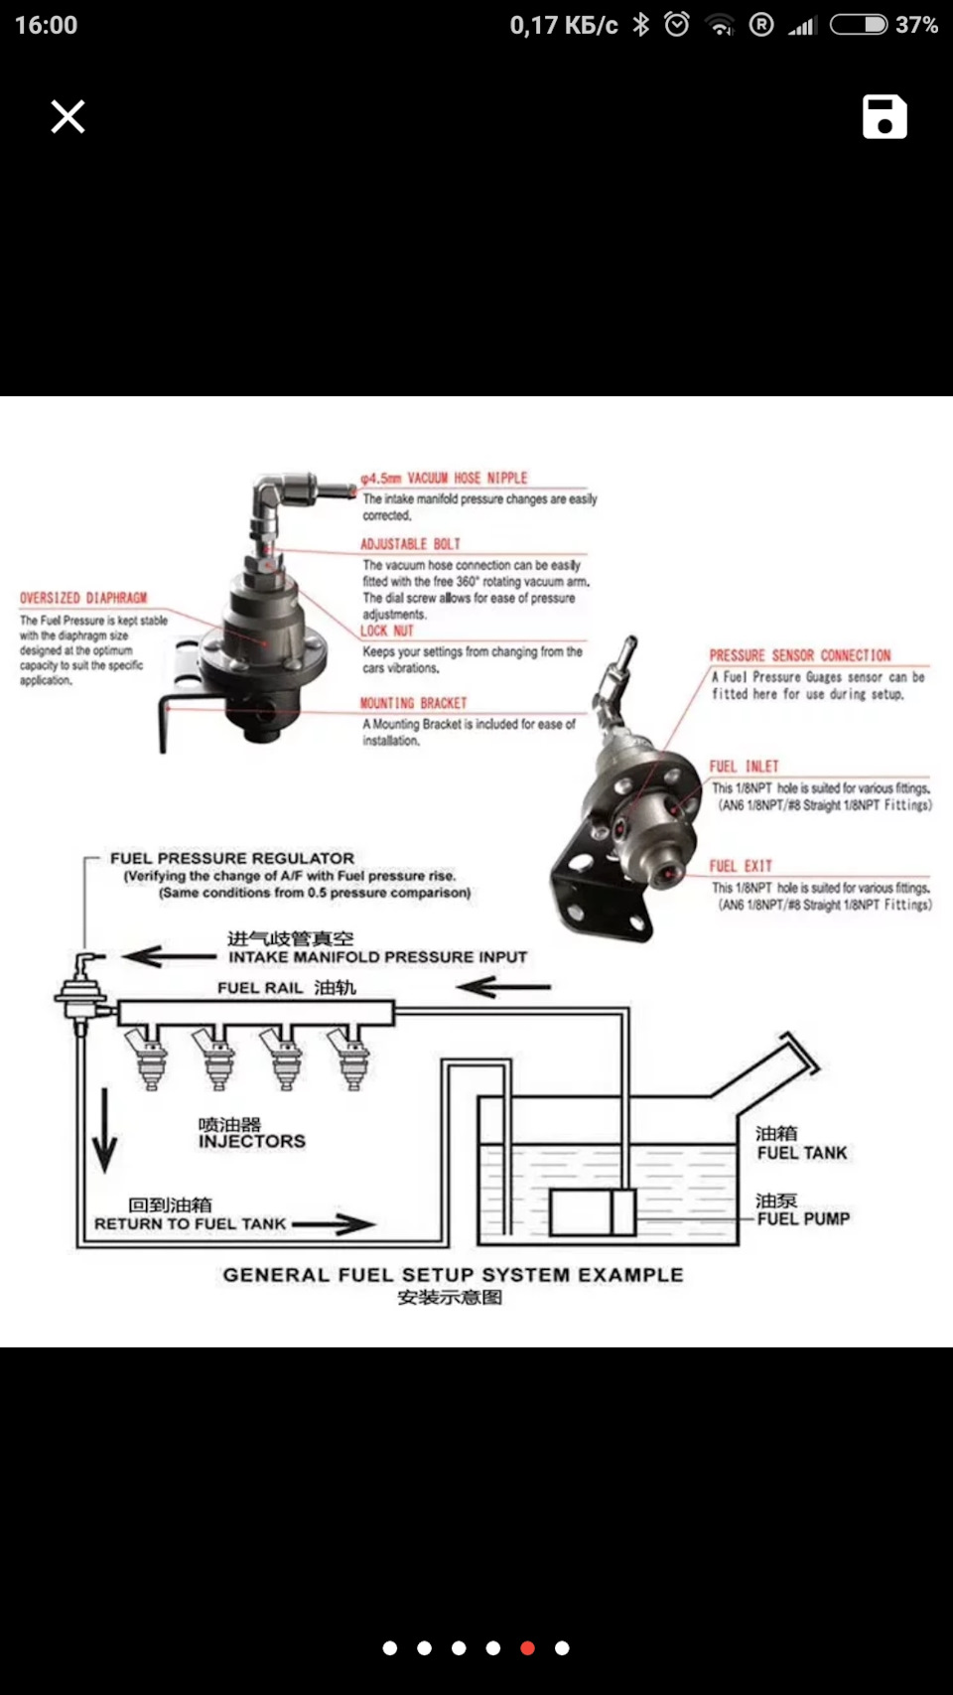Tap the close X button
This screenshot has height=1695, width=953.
pos(68,117)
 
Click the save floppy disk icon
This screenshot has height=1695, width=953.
pos(885,117)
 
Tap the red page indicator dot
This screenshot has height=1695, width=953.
pos(527,1648)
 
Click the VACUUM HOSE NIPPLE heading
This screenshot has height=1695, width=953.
pos(444,478)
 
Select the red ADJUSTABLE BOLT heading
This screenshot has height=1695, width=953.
pos(410,544)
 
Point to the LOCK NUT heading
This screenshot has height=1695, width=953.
pos(387,631)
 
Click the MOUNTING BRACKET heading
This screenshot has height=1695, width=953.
pos(413,703)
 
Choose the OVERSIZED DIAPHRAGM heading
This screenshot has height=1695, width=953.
pos(83,598)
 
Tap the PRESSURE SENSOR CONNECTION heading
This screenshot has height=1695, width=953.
pos(799,655)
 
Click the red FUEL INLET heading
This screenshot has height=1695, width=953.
pos(744,767)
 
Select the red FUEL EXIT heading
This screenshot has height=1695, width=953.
pos(740,866)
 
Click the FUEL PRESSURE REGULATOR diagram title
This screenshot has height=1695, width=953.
pos(232,858)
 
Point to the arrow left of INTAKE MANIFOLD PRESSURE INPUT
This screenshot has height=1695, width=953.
pos(167,956)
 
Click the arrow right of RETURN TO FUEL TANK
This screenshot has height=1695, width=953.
pos(334,1224)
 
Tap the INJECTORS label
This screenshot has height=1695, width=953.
pos(251,1142)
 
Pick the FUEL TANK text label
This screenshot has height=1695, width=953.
pos(802,1153)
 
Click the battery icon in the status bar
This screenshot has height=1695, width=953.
pos(859,25)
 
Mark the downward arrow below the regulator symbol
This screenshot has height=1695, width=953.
pos(104,1132)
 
